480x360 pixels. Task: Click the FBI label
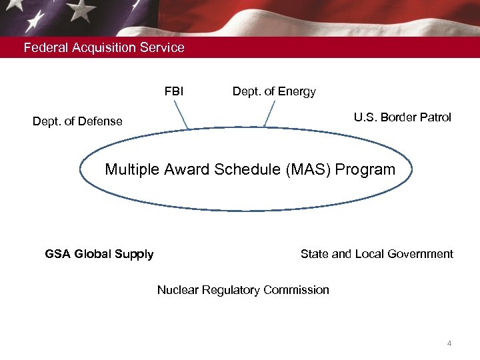(174, 91)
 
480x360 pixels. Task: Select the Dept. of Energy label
(274, 91)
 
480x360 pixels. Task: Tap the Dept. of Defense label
(77, 121)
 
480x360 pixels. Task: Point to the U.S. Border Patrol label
(402, 117)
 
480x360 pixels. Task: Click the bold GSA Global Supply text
(99, 254)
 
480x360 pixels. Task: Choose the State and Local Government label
(377, 254)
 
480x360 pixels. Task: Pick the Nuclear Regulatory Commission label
(243, 290)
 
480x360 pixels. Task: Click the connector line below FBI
(183, 114)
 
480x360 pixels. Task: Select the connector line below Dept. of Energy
(269, 114)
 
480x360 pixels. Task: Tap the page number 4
(449, 344)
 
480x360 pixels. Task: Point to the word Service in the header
(163, 48)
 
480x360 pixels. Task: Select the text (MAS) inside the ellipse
(309, 170)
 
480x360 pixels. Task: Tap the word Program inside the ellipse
(365, 170)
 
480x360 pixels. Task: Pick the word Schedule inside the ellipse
(248, 170)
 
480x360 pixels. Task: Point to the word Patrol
(435, 117)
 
